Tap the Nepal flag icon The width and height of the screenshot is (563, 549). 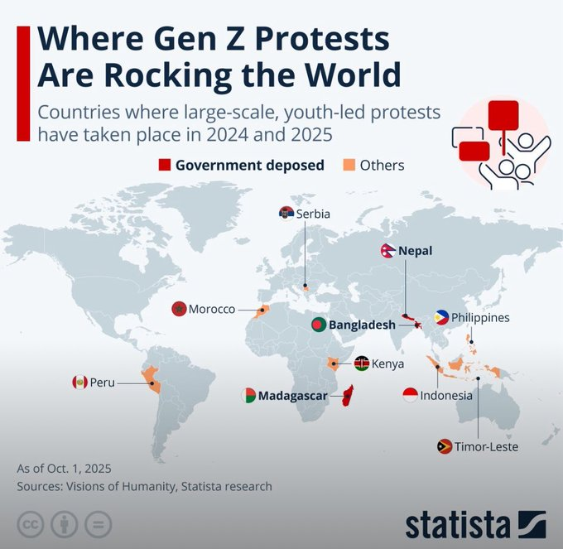pos(387,250)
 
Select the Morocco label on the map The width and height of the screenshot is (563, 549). pos(211,309)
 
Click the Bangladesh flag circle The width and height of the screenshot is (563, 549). pos(319,325)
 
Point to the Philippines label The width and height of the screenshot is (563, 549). pos(480,317)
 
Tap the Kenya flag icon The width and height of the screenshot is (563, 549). pos(361,363)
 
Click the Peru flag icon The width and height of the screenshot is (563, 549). pos(79,382)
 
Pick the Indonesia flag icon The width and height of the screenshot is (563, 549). pos(410,395)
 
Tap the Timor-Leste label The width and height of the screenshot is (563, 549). pos(486,446)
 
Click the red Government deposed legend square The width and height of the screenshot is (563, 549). pos(164,165)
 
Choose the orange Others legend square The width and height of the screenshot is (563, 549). pos(348,165)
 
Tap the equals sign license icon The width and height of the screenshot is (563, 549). pos(99,525)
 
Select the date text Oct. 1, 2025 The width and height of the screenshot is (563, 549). pos(79,468)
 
